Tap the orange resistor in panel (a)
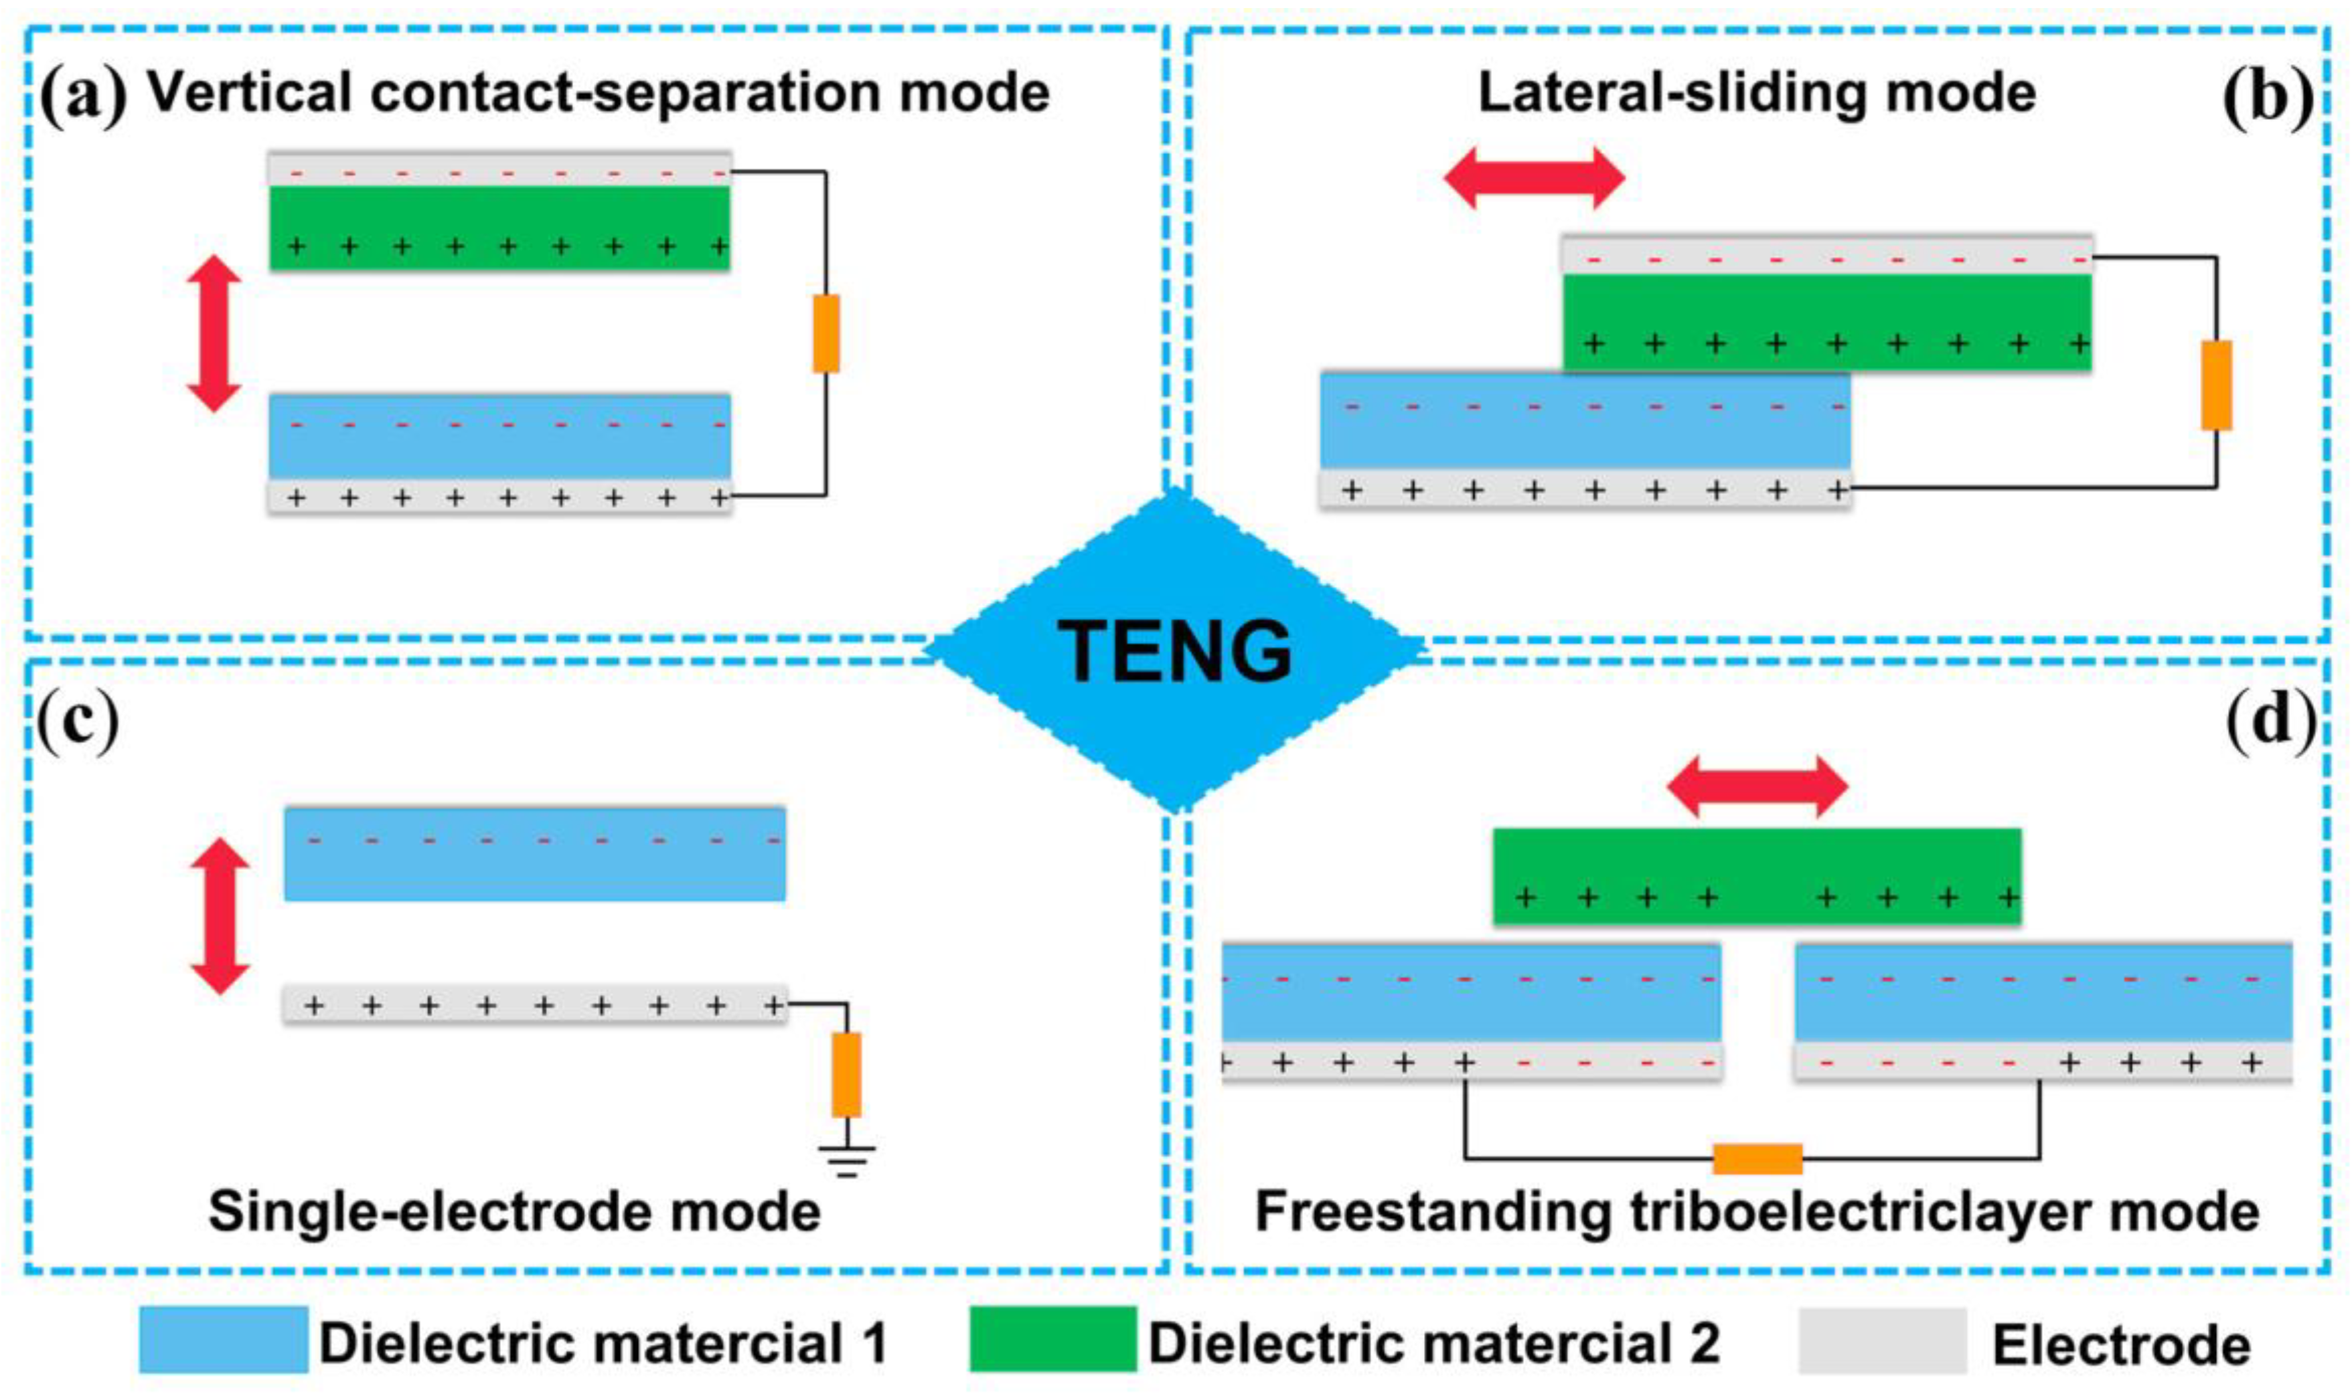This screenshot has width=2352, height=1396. click(826, 334)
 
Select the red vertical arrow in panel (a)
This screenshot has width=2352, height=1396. click(214, 334)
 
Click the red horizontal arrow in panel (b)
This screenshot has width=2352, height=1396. click(1535, 178)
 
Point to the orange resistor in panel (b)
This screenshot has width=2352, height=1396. click(2215, 385)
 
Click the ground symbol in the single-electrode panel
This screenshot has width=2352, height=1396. click(847, 1162)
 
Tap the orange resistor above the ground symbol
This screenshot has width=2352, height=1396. click(847, 1074)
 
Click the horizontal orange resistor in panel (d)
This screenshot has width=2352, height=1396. click(1757, 1159)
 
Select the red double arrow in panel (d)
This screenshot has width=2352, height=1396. click(1757, 786)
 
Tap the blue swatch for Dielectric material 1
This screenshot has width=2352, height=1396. click(223, 1340)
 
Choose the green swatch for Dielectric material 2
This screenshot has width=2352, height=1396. click(1052, 1340)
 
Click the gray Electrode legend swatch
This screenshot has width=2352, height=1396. click(1883, 1340)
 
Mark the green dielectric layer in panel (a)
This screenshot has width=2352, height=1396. click(499, 228)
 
